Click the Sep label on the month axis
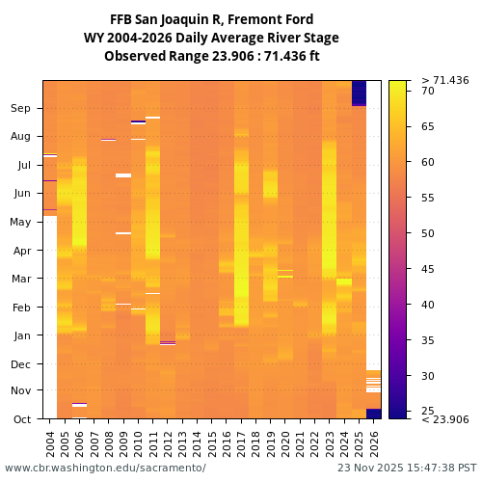21,109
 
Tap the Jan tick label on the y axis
21,335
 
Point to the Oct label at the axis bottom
21,419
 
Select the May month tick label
20,223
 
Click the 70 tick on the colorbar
428,91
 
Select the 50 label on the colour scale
428,233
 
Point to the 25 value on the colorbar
428,412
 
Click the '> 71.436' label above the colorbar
444,80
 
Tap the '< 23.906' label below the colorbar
444,419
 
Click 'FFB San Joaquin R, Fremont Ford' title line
211,19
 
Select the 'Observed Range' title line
211,56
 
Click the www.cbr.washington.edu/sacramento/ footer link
105,468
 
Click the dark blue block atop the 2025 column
359,93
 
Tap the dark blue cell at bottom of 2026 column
374,414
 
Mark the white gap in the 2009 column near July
123,175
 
